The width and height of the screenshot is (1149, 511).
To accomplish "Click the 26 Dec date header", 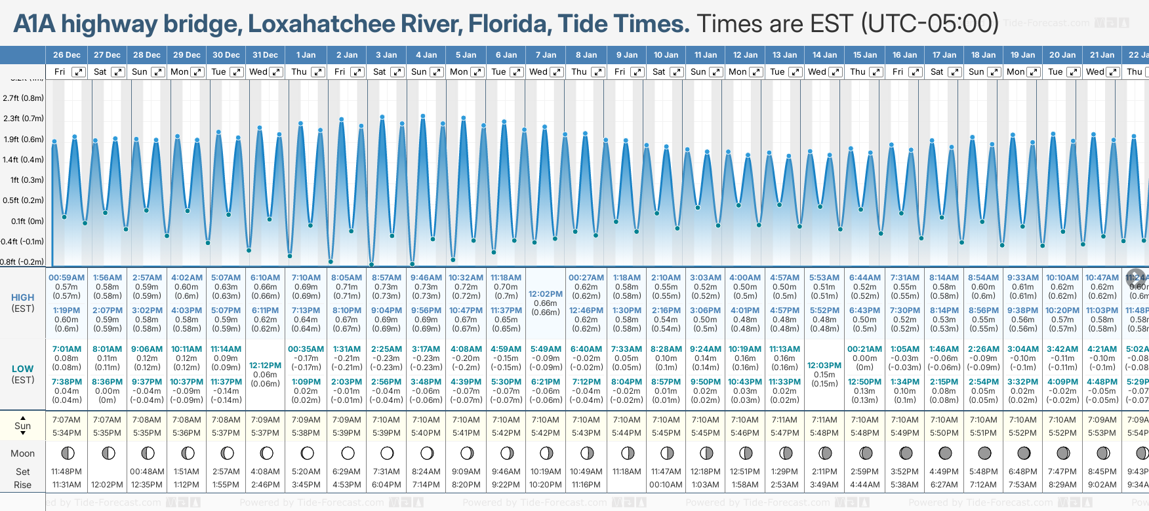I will (x=67, y=55).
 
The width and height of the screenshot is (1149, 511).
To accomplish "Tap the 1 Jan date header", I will (x=306, y=55).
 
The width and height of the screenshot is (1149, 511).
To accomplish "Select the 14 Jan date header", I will (x=824, y=55).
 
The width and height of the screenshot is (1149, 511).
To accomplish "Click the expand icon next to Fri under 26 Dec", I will (x=79, y=72).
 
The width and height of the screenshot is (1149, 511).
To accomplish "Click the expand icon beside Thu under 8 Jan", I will (x=598, y=72).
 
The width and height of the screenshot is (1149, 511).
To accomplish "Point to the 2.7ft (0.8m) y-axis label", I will (x=23, y=98).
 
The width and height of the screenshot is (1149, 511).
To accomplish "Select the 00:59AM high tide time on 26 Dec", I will (x=67, y=278).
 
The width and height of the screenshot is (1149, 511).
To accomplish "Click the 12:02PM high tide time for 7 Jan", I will (x=546, y=294).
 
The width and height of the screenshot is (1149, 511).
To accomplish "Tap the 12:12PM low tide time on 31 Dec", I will (x=266, y=366).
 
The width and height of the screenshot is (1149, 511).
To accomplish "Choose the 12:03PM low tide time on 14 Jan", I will (x=824, y=366).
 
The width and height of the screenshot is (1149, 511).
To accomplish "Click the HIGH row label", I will (x=22, y=297).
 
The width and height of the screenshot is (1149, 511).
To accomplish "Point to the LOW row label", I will (x=22, y=369).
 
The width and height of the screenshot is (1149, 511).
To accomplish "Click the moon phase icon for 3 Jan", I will (x=387, y=453).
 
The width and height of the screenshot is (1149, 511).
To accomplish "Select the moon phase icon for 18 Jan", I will (x=984, y=453).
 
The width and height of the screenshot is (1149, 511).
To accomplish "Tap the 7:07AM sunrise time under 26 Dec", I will (x=67, y=420).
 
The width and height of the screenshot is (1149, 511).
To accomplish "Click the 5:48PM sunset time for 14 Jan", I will (x=824, y=433).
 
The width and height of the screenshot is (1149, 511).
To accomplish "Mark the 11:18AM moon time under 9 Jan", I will (x=626, y=472).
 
